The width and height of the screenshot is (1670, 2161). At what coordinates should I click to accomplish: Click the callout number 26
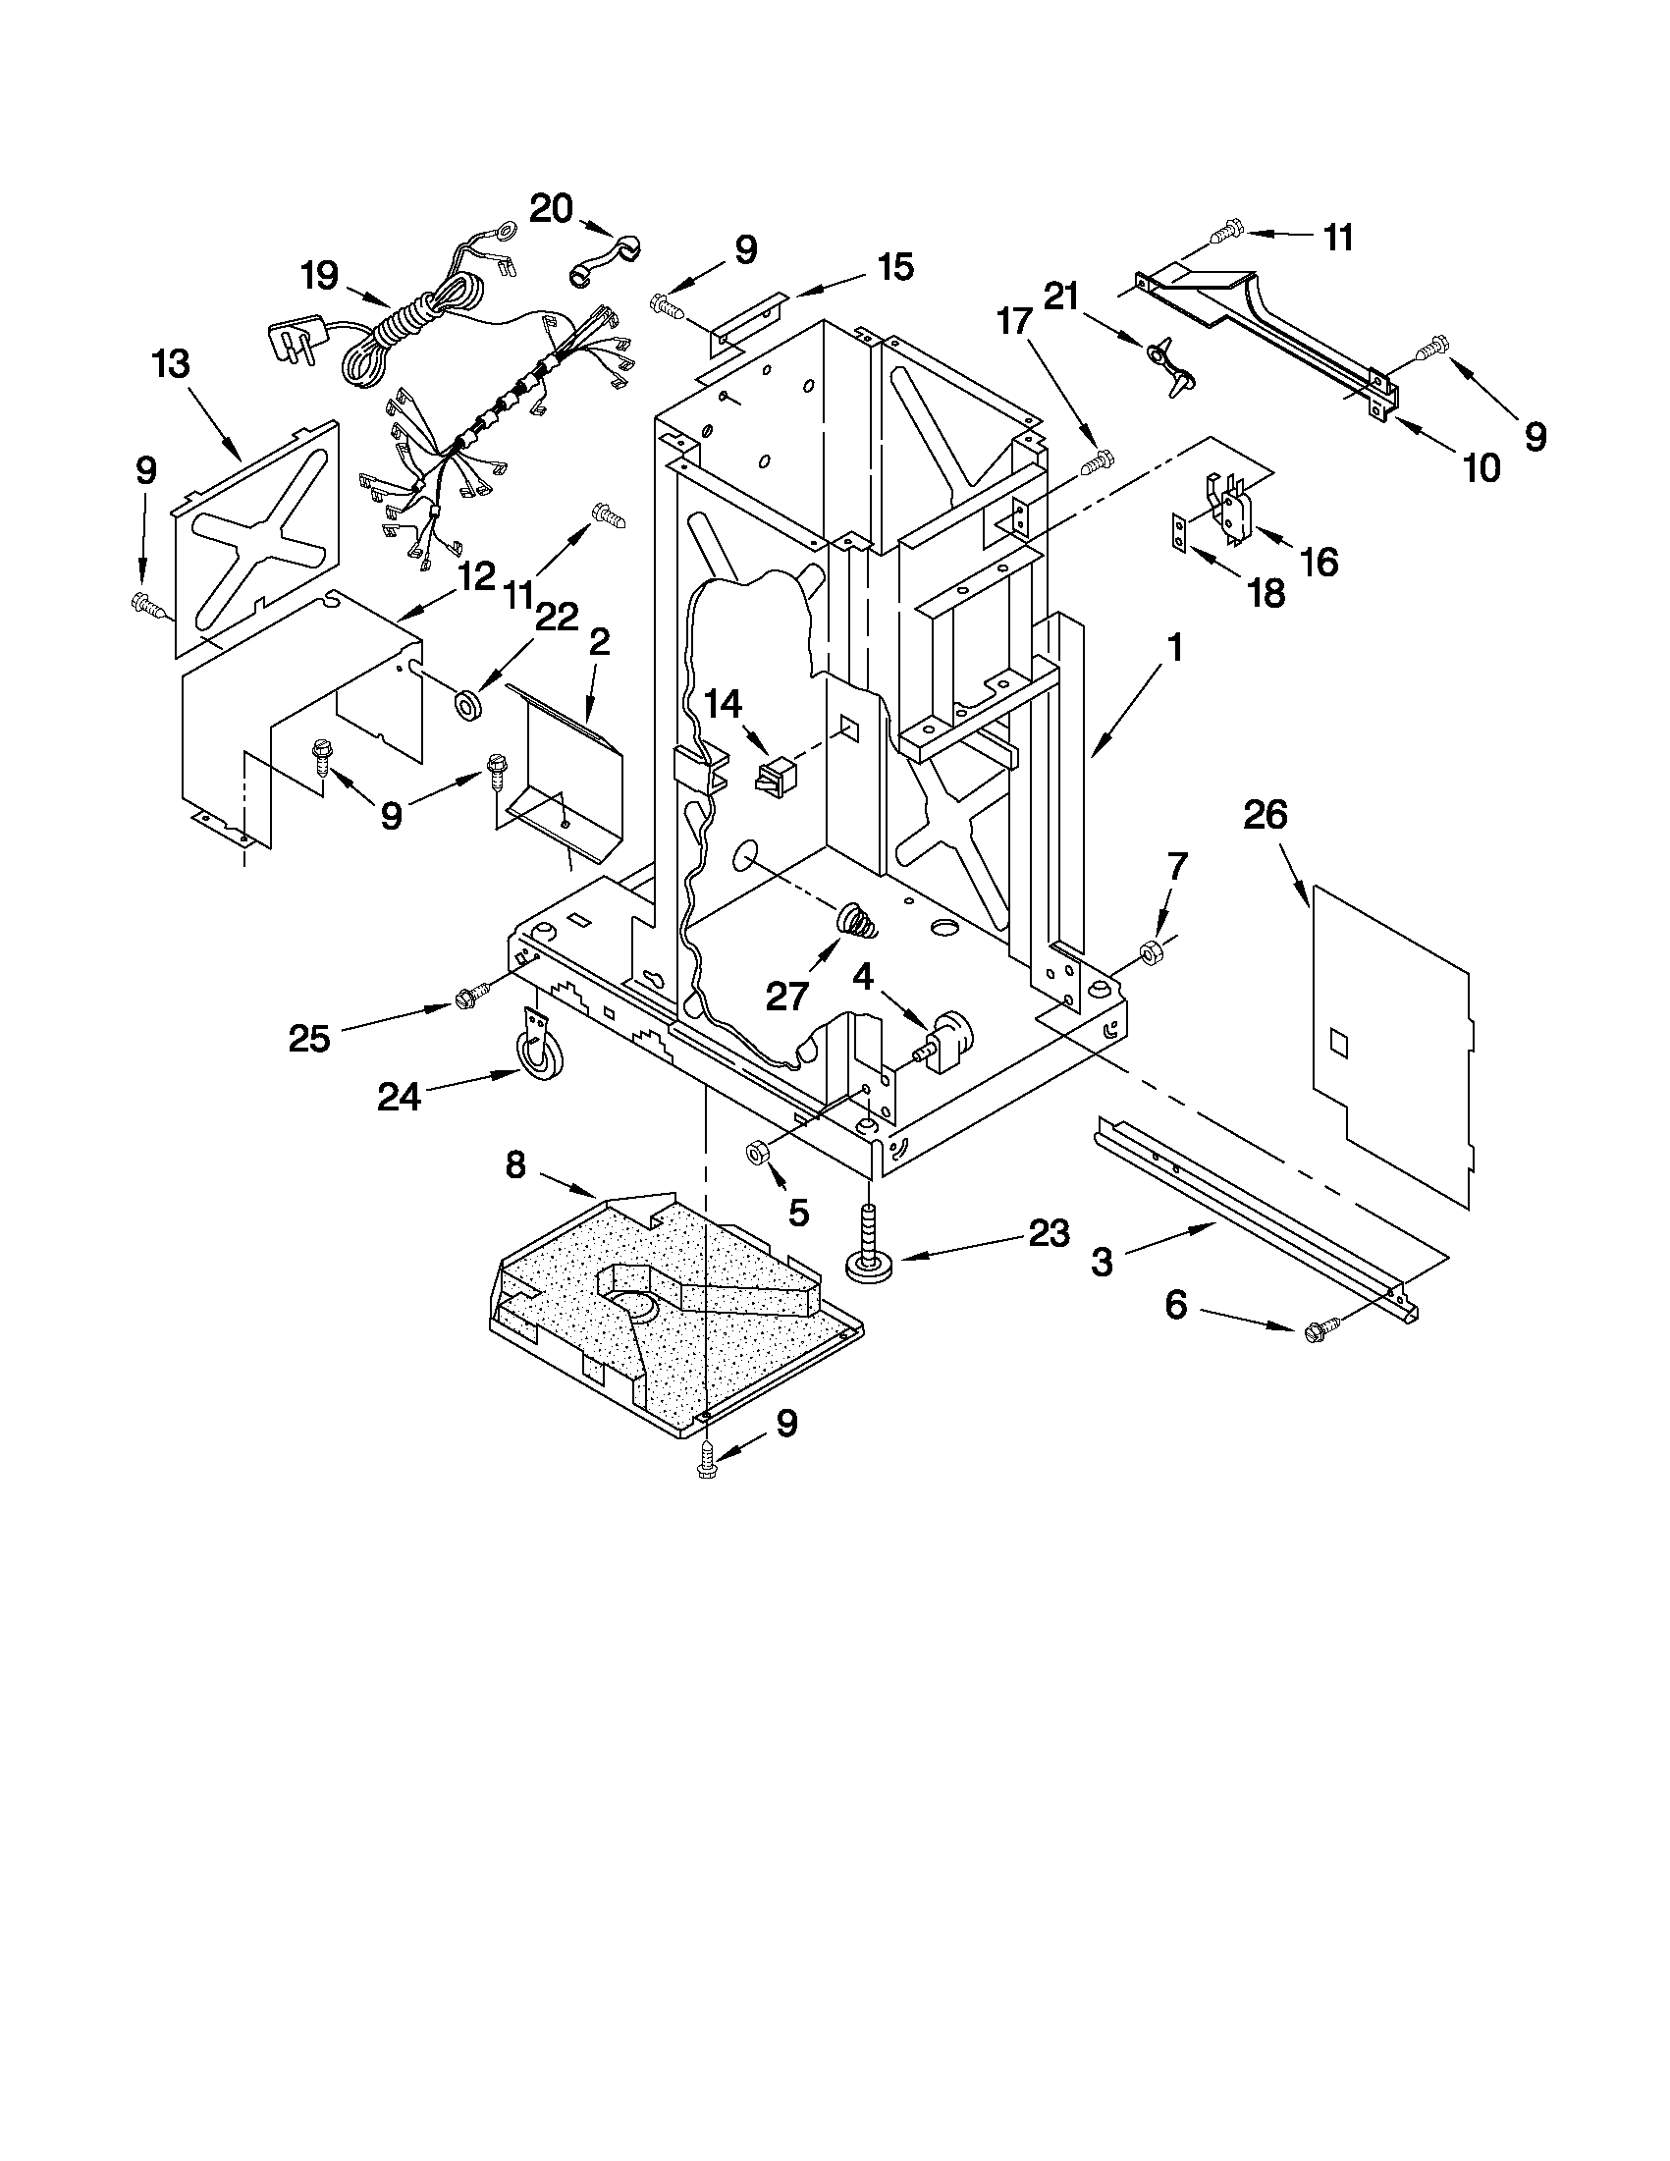pos(1266,816)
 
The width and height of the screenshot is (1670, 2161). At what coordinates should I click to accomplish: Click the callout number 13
pos(171,364)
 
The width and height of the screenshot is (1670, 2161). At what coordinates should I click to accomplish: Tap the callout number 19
pos(319,275)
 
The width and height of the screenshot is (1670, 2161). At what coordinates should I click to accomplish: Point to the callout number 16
pos(1319,562)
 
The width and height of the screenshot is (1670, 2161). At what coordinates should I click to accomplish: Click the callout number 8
pos(515,1164)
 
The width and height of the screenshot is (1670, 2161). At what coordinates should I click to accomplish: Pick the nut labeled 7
pos(1151,952)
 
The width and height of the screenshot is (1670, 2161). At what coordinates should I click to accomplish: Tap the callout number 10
pos(1481,466)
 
